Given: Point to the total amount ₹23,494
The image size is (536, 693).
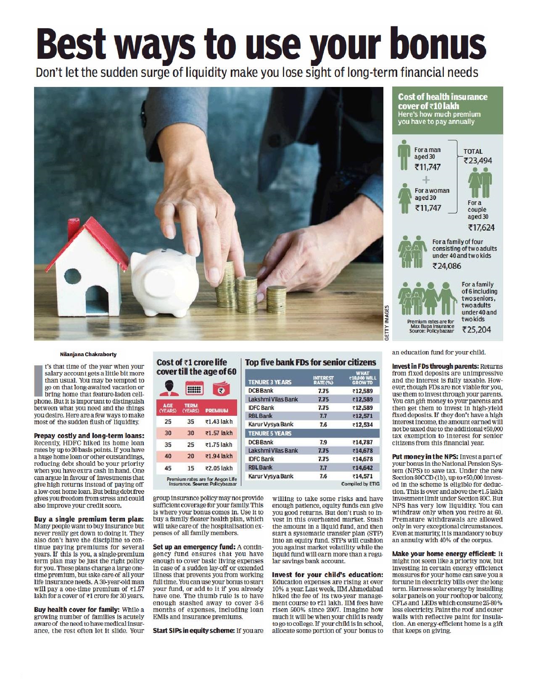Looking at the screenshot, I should click(478, 160).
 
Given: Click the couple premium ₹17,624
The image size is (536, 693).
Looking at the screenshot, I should click(481, 228).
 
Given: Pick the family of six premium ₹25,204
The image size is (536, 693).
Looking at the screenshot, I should click(476, 330).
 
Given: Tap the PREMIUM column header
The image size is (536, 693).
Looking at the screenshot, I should click(217, 410).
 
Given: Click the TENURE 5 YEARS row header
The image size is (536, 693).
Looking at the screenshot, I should click(270, 433).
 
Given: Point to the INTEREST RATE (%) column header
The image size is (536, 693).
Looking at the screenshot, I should click(323, 381).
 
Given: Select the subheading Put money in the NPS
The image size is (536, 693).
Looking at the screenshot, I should click(425, 457).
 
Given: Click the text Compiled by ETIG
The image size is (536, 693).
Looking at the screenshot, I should click(360, 484).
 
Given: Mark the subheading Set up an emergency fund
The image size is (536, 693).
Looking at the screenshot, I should click(194, 547).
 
